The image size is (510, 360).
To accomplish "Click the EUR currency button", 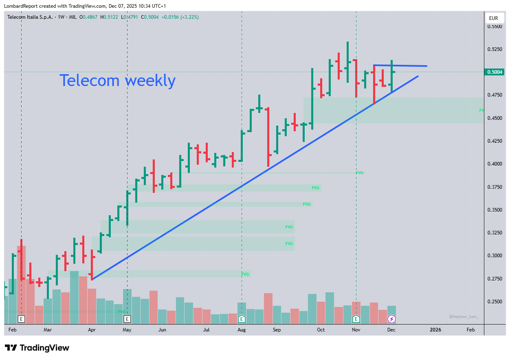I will pos(494,18).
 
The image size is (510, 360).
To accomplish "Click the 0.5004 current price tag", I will pos(495,72).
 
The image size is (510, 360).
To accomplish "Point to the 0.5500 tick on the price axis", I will pos(495,27).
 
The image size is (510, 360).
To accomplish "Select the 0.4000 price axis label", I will pos(495,164).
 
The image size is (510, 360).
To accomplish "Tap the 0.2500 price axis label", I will pos(495,302).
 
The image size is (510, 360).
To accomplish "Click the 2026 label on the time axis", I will pos(435,330).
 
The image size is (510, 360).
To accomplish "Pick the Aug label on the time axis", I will pos(242,330).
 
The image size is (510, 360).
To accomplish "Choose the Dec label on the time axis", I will pos(391,330).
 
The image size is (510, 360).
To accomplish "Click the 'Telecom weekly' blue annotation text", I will pos(117,81).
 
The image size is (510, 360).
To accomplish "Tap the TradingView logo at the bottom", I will pos(37,348).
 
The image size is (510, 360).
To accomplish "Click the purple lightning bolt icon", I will pos(391,319).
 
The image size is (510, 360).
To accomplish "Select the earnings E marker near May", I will pos(127,319).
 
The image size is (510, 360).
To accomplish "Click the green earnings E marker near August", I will pos(242,319).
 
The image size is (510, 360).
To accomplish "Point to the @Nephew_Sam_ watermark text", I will pos(464,316).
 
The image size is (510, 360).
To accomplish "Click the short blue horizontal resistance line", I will pos(400,66).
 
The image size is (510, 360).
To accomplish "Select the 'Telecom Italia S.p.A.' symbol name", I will pos(30,17).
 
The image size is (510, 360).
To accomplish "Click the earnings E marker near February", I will pos(22,319).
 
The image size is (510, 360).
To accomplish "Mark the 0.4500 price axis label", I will pos(495,118).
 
